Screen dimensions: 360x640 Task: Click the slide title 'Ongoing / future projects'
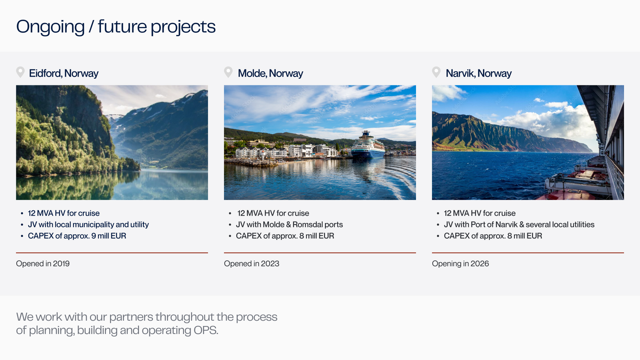point(116,27)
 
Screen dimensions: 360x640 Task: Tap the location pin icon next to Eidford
point(20,72)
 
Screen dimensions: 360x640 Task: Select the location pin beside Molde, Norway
point(228,72)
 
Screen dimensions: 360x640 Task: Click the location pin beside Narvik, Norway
point(436,72)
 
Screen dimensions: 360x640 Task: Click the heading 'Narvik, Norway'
point(478,73)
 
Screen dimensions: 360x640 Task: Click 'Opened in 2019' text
point(43,264)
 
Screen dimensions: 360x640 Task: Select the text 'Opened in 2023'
point(251,264)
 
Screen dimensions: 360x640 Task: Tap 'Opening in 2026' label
point(460,264)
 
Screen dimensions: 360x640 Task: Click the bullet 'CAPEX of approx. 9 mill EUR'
point(77,236)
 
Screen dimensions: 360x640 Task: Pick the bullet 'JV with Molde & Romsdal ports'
point(289,225)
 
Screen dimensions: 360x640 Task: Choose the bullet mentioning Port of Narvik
point(519,225)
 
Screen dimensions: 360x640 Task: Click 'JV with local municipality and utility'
point(88,225)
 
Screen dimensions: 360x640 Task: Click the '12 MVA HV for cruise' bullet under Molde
point(273,213)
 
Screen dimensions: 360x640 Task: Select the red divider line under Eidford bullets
point(112,253)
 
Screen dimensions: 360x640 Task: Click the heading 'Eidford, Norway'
point(63,73)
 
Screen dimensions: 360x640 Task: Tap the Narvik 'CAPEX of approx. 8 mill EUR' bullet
point(493,236)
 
